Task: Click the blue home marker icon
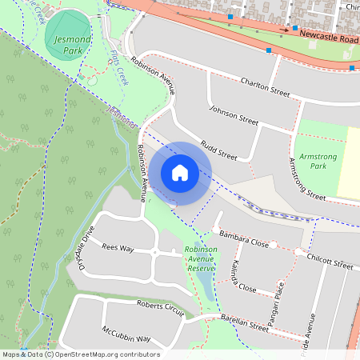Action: coord(180,173)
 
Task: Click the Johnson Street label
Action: coord(234,115)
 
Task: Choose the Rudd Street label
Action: coord(218,148)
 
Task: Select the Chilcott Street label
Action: coord(330,262)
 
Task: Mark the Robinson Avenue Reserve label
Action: coord(200,259)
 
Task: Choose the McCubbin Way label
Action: coord(126,334)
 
